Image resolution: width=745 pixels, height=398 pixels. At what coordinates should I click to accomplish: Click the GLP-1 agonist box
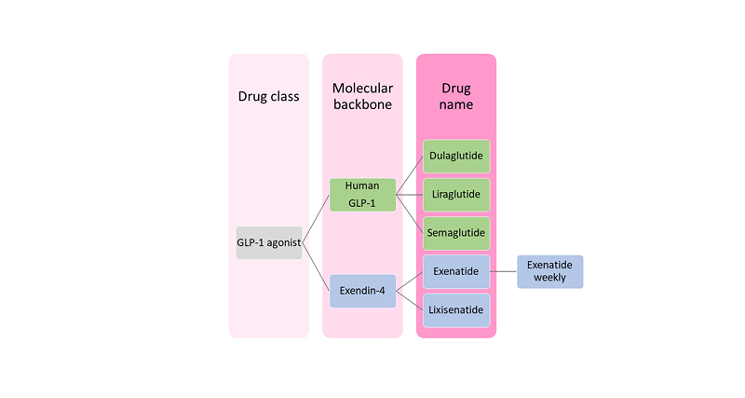click(268, 242)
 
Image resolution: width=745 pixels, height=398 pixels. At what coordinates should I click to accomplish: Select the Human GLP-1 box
click(362, 195)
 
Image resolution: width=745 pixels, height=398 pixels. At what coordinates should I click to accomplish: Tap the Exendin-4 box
click(362, 291)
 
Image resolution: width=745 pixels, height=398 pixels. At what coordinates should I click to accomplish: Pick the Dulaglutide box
click(456, 157)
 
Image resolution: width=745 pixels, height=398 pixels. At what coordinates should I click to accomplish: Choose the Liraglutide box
click(456, 195)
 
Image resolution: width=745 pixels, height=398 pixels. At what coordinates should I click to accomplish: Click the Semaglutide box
click(456, 232)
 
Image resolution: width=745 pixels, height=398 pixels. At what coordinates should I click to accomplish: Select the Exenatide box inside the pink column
click(456, 271)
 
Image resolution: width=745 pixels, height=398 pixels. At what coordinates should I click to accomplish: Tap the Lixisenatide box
click(456, 309)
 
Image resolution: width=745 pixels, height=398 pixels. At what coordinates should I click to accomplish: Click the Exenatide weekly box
click(549, 271)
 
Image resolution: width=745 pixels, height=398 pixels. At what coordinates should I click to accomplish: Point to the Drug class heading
click(268, 96)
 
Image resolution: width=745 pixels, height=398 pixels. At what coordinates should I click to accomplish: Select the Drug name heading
click(456, 96)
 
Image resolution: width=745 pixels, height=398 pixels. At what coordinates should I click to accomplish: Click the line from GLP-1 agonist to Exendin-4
click(316, 266)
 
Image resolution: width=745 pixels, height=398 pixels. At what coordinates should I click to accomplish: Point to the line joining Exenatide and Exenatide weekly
click(503, 271)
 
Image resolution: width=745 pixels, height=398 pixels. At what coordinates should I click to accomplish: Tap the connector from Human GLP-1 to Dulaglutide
click(410, 176)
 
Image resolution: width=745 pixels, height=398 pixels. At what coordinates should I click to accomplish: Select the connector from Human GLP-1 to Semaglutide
click(410, 213)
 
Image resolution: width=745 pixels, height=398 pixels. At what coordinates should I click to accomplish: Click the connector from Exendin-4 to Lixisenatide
click(410, 300)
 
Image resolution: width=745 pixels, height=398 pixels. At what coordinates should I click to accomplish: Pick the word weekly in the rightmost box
click(549, 278)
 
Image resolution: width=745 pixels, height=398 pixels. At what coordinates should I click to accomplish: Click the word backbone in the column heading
click(362, 104)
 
